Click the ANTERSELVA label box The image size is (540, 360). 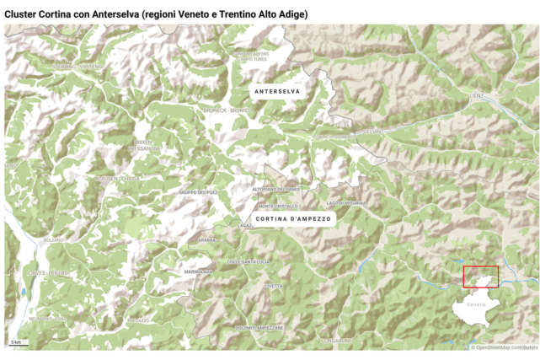pos(276,91)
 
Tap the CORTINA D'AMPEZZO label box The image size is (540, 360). pos(293,218)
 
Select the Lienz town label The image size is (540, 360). pos(477,97)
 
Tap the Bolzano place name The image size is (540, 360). pos(54,240)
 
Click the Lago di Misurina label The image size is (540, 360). pos(346,203)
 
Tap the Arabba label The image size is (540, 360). pos(205,240)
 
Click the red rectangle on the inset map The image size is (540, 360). pos(480,277)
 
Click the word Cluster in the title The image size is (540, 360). pos(20,14)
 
